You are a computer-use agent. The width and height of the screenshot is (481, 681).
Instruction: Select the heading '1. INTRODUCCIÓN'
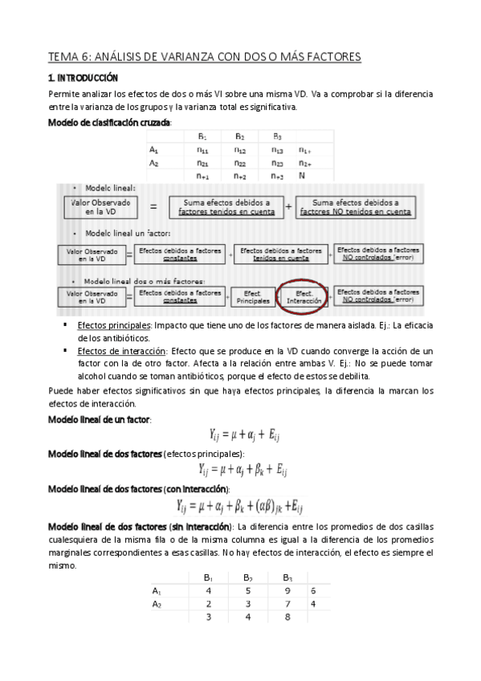[x=83, y=78]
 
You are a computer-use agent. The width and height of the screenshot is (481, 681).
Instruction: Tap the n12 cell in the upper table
[x=241, y=149]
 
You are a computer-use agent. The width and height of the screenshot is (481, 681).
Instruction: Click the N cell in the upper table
[x=303, y=175]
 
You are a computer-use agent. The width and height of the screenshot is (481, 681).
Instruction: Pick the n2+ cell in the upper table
[x=304, y=162]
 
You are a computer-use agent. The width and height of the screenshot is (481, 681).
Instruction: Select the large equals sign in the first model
[x=153, y=207]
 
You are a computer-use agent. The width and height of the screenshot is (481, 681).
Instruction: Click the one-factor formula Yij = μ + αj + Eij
[x=245, y=435]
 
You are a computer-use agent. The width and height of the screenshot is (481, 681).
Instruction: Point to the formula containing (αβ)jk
[x=239, y=506]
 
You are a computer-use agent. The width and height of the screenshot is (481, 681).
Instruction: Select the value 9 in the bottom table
[x=287, y=590]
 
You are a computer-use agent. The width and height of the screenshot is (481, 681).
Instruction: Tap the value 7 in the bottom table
[x=287, y=604]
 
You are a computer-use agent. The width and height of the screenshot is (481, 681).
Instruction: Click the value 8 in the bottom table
[x=287, y=618]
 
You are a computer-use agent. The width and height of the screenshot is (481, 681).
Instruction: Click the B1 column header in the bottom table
[x=208, y=577]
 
